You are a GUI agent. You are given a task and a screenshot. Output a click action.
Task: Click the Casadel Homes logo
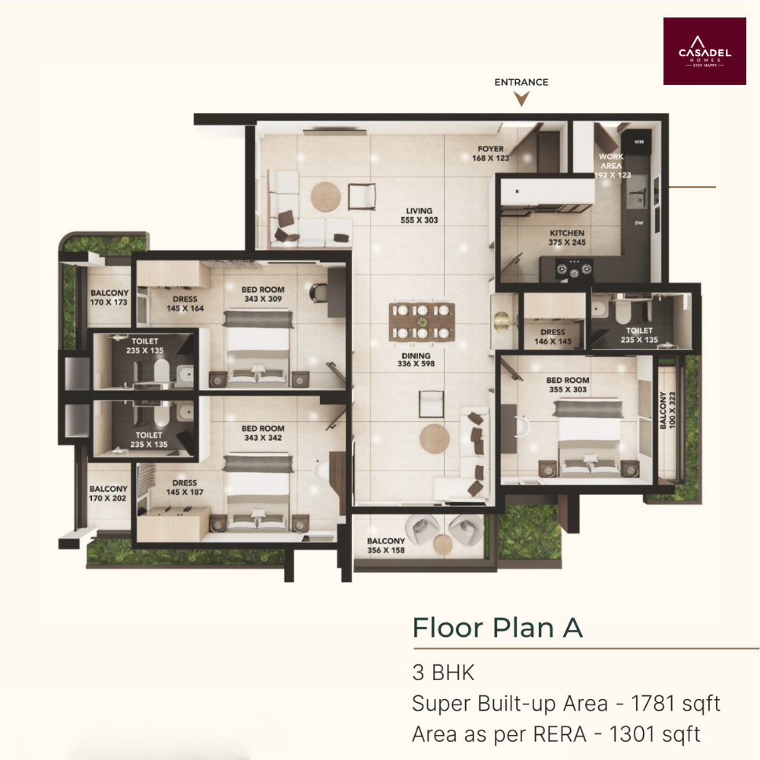point(705,52)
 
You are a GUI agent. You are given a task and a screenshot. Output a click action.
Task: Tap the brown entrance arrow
point(521,100)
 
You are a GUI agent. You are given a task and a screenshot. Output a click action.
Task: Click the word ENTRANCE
point(521,82)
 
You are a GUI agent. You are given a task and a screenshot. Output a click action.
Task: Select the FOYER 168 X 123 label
point(490,154)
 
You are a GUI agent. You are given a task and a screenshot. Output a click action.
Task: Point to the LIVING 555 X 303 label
point(420,215)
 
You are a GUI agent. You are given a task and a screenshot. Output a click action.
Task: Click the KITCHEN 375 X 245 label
point(567,237)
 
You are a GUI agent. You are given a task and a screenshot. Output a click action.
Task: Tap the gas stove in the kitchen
point(574,269)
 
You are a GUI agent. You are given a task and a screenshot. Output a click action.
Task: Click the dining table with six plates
point(422,321)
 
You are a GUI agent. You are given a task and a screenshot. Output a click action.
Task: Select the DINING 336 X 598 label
point(416,359)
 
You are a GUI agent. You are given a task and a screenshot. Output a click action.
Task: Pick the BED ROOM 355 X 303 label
point(568,385)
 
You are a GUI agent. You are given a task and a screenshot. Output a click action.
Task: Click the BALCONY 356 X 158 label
point(386,545)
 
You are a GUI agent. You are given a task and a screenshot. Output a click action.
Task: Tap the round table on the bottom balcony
point(442,543)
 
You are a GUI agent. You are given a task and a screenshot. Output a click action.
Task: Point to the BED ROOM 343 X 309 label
point(263,293)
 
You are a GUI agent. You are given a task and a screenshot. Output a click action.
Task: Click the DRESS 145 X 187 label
point(185,487)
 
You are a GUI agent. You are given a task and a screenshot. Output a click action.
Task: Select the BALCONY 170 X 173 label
point(109,297)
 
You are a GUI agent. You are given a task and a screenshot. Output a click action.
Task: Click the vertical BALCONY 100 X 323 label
point(667,410)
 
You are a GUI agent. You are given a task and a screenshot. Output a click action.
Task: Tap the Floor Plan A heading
point(497,628)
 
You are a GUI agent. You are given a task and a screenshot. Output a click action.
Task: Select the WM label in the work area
point(639,141)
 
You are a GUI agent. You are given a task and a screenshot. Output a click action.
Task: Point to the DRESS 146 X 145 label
point(553,337)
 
